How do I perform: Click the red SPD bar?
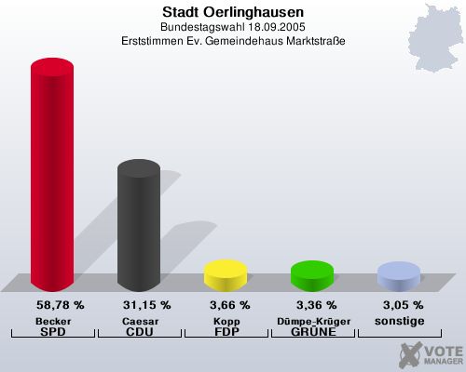point(52,177)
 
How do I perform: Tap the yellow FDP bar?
point(225,274)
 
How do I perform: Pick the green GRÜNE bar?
point(311,275)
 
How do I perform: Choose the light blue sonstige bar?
point(398,276)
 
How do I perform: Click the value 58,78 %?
point(60,305)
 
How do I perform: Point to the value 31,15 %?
point(146,305)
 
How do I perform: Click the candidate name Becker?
point(52,320)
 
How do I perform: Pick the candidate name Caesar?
point(138,320)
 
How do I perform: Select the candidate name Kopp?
point(225,320)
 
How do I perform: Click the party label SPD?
point(52,332)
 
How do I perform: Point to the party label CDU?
point(138,332)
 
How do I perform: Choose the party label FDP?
point(225,332)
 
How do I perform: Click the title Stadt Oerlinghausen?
point(232,12)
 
